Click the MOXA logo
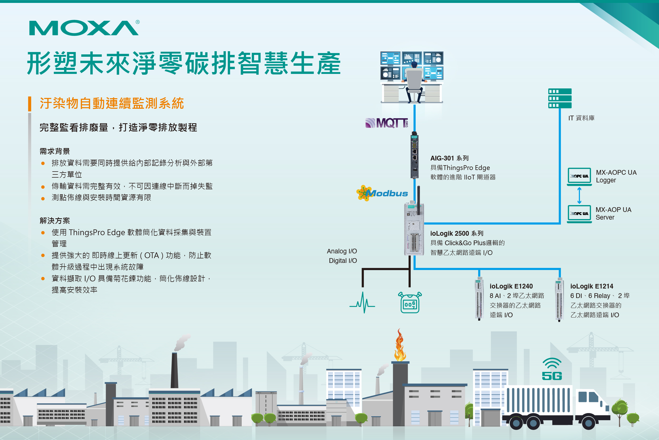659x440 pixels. [x=84, y=28]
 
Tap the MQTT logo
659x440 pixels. [x=387, y=123]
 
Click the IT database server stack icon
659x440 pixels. [x=560, y=98]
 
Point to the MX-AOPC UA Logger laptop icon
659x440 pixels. [x=579, y=177]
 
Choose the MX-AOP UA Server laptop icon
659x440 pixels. [x=579, y=214]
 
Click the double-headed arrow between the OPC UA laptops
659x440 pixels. [x=579, y=195]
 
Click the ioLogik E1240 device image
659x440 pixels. [x=479, y=299]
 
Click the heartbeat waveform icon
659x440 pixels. [x=362, y=303]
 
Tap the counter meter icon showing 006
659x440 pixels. [x=410, y=303]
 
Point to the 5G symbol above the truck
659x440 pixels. [x=552, y=370]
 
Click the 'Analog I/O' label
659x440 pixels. [x=342, y=251]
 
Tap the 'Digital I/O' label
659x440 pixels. [x=343, y=261]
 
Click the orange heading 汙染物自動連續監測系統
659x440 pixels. [x=112, y=103]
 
